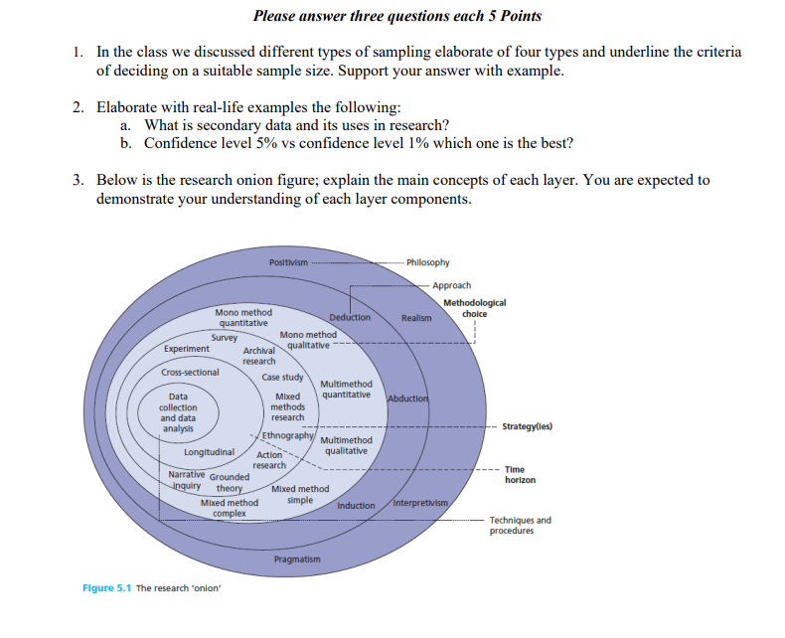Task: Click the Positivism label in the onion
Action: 287,262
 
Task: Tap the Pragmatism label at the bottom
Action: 298,559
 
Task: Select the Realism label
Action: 416,318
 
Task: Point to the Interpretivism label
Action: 422,503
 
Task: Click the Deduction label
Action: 350,318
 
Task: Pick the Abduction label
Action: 405,399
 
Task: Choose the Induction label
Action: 356,506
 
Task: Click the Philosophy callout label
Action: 428,262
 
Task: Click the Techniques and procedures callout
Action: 520,525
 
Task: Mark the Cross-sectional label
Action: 190,373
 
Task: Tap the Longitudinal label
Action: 209,452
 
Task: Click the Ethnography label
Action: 288,436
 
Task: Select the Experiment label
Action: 187,349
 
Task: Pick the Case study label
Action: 282,378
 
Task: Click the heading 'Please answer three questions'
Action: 397,16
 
